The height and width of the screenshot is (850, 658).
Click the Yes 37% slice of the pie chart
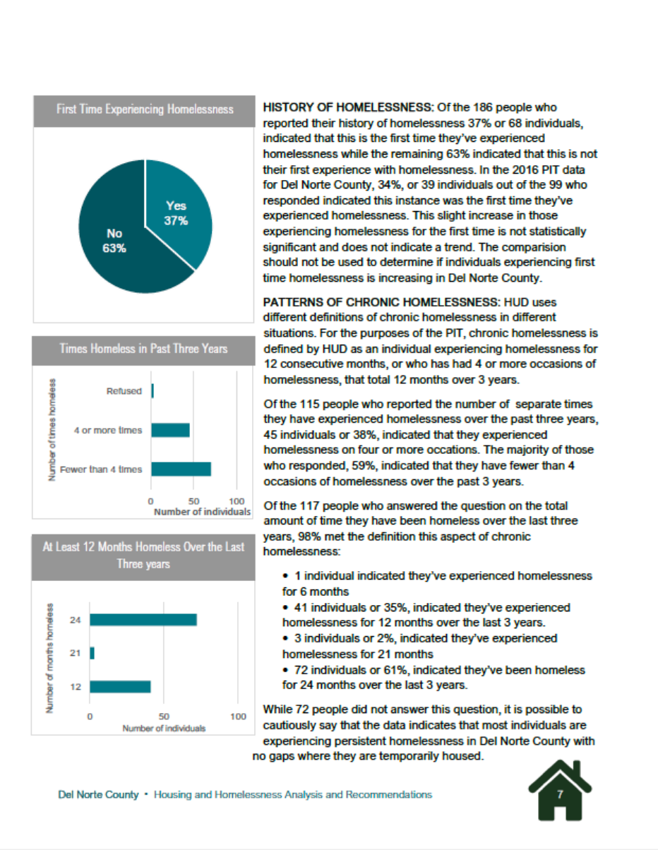click(x=180, y=212)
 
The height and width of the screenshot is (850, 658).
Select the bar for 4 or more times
click(x=170, y=430)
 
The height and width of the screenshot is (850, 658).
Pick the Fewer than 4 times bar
click(x=181, y=469)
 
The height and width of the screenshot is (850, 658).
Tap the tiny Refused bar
click(x=152, y=391)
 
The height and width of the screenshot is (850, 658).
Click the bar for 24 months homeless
click(x=143, y=620)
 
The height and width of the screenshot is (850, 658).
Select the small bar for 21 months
click(x=92, y=654)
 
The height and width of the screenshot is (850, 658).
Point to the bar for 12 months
click(x=120, y=686)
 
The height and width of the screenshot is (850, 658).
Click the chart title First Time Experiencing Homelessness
click(x=144, y=109)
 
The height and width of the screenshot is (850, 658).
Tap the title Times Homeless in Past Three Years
click(x=144, y=349)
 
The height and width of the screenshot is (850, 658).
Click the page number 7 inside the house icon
click(x=560, y=794)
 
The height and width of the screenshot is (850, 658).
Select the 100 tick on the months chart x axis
click(x=238, y=717)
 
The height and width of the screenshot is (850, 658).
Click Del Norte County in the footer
click(x=98, y=795)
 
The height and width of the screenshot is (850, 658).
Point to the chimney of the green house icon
click(x=577, y=769)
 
